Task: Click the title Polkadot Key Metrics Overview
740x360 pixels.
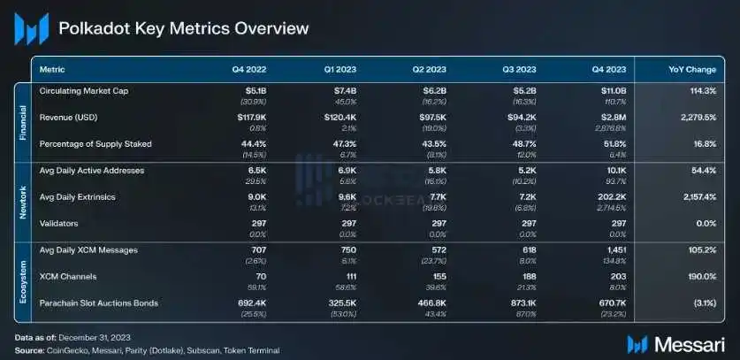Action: point(184,29)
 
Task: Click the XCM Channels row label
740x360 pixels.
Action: point(67,277)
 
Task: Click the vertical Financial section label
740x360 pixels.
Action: point(24,118)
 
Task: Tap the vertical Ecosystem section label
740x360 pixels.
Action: point(24,277)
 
